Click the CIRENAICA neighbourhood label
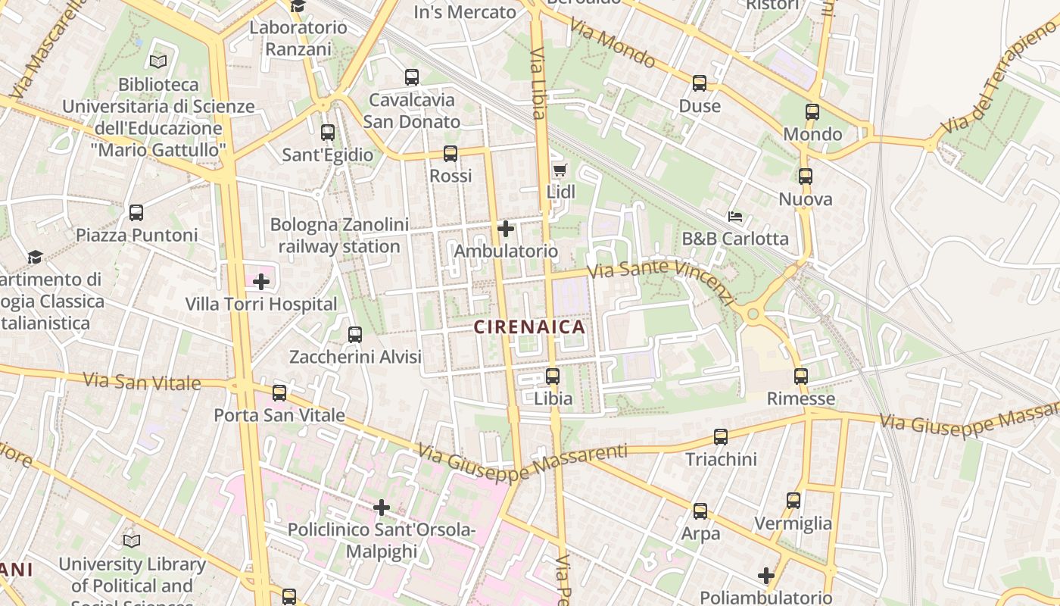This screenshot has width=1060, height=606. pyautogui.click(x=529, y=327)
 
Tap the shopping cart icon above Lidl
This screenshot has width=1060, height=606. pyautogui.click(x=560, y=170)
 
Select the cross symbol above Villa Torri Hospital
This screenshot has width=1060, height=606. pyautogui.click(x=261, y=282)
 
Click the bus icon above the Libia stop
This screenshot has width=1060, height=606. pyautogui.click(x=553, y=376)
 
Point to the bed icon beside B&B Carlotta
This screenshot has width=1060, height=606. pyautogui.click(x=734, y=217)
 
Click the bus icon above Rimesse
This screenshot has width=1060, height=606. pyautogui.click(x=801, y=376)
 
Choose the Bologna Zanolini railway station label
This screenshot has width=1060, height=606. pyautogui.click(x=339, y=236)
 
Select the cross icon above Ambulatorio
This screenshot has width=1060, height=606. pyautogui.click(x=506, y=228)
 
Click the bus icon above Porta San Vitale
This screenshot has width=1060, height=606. pyautogui.click(x=279, y=392)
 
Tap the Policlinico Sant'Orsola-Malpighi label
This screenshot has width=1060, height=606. pyautogui.click(x=381, y=540)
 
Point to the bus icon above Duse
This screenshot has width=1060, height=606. pyautogui.click(x=700, y=83)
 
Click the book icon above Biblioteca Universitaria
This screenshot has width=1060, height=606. pyautogui.click(x=158, y=61)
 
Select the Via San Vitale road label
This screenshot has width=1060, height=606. pyautogui.click(x=142, y=380)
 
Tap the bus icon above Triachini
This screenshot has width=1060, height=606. pyautogui.click(x=721, y=436)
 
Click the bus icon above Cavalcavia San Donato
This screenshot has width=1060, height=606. pyautogui.click(x=412, y=77)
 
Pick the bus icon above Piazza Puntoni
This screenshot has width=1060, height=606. pyautogui.click(x=136, y=213)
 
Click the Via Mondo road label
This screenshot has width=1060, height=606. pyautogui.click(x=613, y=42)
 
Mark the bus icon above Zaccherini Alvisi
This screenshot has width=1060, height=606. pyautogui.click(x=355, y=334)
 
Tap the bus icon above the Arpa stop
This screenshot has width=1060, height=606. pyautogui.click(x=700, y=511)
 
